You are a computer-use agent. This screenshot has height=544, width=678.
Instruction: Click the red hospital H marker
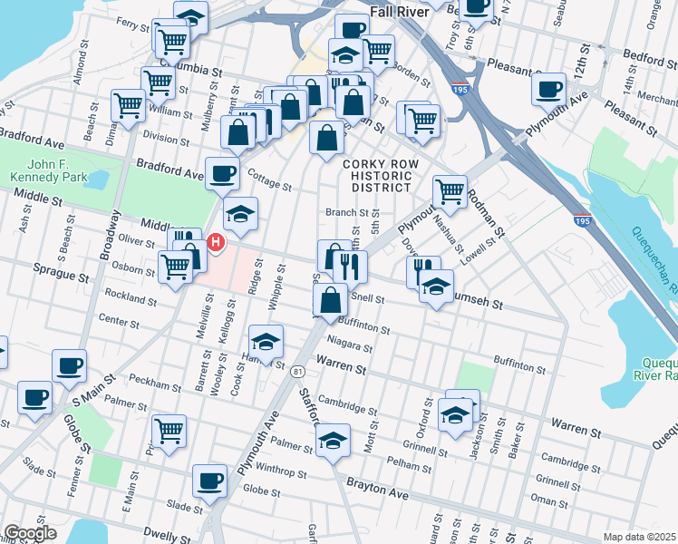coord(216,242)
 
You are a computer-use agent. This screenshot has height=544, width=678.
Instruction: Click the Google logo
coord(30,533)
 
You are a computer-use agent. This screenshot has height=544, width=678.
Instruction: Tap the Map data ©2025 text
coord(639,537)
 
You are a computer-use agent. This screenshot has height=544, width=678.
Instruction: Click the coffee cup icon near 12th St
coord(548,90)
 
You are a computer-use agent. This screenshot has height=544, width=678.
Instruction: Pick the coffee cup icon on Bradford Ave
coord(222,172)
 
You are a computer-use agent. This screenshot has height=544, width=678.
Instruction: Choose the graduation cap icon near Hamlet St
coord(266,342)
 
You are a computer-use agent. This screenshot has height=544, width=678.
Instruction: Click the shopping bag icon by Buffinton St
coord(333,298)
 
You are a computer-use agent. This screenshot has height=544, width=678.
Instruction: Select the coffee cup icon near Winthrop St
coord(210,480)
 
